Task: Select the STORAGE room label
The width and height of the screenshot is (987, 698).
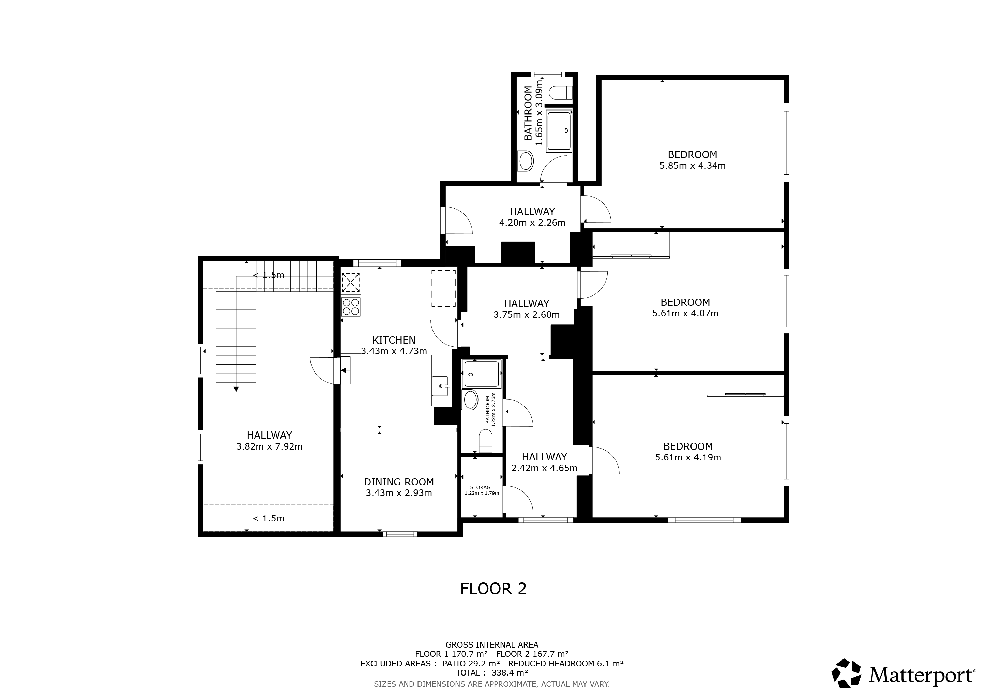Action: coord(482,487)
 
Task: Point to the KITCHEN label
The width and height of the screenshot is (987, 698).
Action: coord(394,340)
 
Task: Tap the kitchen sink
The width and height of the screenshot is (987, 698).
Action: coord(441,385)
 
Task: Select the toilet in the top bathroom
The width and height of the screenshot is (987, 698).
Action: coord(561,92)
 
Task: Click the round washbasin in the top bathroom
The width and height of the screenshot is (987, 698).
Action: coord(525,161)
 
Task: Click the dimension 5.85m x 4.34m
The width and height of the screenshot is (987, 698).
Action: coord(692,166)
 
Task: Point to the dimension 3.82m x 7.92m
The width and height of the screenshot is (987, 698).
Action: coord(269,446)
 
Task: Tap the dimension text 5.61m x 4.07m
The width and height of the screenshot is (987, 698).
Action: coord(685,313)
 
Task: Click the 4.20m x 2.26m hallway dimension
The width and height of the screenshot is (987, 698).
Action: coord(532,223)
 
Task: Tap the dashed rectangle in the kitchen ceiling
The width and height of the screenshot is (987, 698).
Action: coord(444,288)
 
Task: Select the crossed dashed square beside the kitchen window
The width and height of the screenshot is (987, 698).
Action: coord(350,283)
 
